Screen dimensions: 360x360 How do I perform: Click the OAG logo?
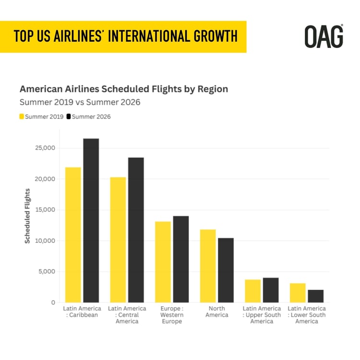pos(324,36)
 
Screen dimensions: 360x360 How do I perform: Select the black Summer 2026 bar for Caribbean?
pos(91,220)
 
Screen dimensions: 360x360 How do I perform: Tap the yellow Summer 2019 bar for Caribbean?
pos(73,235)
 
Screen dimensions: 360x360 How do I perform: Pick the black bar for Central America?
pos(135,230)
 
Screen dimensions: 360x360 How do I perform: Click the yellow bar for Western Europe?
pos(163,262)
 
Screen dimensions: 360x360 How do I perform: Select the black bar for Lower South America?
pos(315,296)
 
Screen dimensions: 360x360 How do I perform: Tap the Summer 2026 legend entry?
pos(88,117)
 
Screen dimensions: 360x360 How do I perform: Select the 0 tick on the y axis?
pos(53,302)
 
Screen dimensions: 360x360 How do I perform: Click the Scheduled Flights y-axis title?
pos(27,216)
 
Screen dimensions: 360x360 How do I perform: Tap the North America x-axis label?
pos(216,312)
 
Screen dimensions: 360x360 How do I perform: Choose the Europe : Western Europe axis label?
pos(172,315)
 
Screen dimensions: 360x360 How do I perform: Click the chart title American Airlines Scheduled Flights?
pos(123,89)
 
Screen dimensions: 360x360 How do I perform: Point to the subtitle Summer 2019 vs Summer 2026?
pos(80,102)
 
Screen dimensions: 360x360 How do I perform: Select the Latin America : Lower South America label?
pos(306,315)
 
